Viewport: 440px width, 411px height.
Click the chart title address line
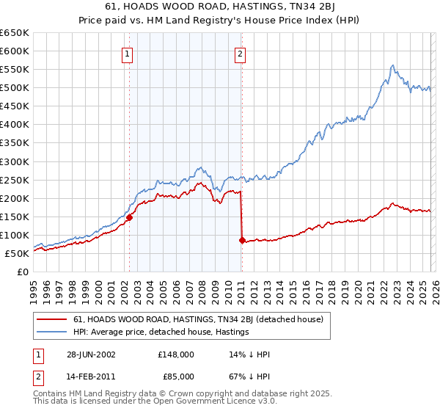(219, 7)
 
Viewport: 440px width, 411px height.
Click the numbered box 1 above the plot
(128, 53)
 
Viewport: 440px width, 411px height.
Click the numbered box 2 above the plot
(240, 53)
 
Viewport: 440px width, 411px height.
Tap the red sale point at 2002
(130, 217)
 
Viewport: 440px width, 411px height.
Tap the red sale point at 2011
(242, 240)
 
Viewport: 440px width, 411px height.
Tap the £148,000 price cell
(175, 354)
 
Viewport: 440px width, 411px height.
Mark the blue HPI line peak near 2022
(393, 65)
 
